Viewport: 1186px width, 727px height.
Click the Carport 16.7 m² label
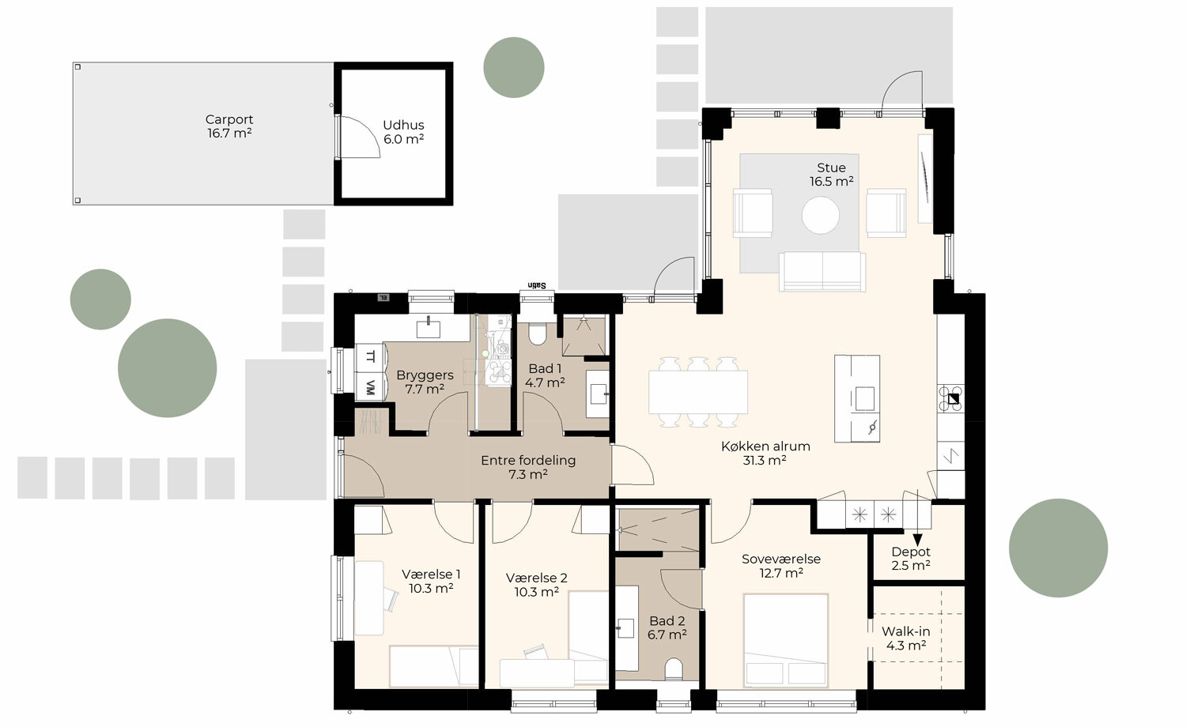229,126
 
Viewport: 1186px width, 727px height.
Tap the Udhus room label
403,132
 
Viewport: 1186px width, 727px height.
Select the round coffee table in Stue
821,215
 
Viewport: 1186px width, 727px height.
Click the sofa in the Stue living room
822,271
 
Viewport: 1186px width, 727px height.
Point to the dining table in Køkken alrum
698,392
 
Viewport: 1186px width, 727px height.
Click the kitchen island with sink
857,398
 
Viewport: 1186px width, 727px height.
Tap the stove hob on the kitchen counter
951,399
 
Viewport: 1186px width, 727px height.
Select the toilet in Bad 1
537,334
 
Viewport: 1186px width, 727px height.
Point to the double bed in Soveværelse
786,640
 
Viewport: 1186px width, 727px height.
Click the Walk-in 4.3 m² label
906,638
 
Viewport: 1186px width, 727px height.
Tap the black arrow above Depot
917,539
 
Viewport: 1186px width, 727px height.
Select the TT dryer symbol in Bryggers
369,356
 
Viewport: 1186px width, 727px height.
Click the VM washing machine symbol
369,387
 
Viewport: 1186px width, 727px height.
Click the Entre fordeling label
528,467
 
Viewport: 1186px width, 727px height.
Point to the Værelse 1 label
431,582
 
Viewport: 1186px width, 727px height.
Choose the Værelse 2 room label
537,585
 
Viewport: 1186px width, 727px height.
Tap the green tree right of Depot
1058,548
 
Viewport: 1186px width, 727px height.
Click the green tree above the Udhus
514,67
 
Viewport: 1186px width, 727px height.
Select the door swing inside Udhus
357,137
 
